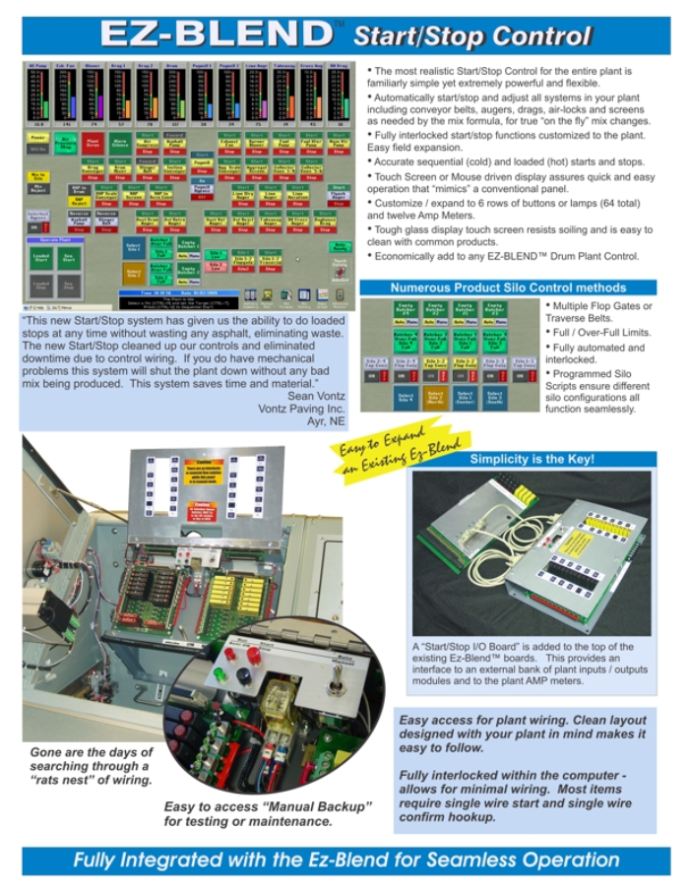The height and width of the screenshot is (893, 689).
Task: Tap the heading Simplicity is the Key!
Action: pyautogui.click(x=532, y=460)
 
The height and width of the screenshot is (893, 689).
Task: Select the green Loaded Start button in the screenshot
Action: pyautogui.click(x=40, y=258)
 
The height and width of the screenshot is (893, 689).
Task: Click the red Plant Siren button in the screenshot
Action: pyautogui.click(x=93, y=143)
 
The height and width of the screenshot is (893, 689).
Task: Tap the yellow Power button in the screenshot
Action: pyautogui.click(x=36, y=139)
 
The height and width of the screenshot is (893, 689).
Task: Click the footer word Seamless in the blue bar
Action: pyautogui.click(x=473, y=860)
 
